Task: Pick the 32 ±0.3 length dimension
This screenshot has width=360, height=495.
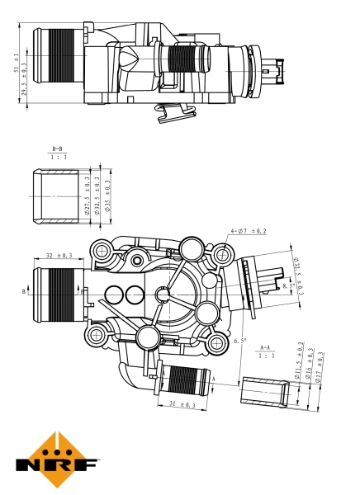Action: [x=59, y=256]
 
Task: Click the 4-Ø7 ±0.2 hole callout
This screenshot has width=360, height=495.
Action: [x=248, y=232]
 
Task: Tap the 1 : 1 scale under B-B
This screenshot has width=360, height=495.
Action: [x=58, y=156]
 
